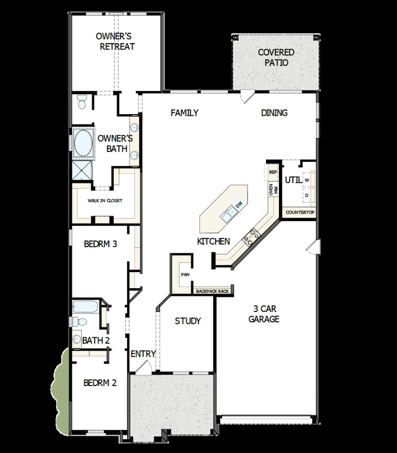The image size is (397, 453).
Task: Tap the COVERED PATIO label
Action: point(276,58)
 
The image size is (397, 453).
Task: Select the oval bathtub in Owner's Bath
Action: point(83,143)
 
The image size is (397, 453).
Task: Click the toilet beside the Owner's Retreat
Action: point(82,102)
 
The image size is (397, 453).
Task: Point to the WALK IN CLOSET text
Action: point(105,201)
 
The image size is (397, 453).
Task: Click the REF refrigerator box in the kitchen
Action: point(272,172)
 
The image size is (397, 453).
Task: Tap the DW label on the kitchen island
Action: point(239,204)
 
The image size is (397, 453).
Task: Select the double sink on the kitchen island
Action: point(229,214)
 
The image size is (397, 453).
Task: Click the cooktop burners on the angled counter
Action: point(250,236)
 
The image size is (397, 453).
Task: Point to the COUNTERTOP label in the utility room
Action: point(300,213)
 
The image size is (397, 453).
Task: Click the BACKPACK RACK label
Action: point(212,291)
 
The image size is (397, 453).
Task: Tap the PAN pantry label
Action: point(185,274)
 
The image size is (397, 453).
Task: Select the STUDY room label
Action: point(188,321)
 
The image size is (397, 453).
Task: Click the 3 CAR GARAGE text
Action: point(264,313)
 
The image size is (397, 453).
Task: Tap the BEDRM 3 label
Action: point(100,244)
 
